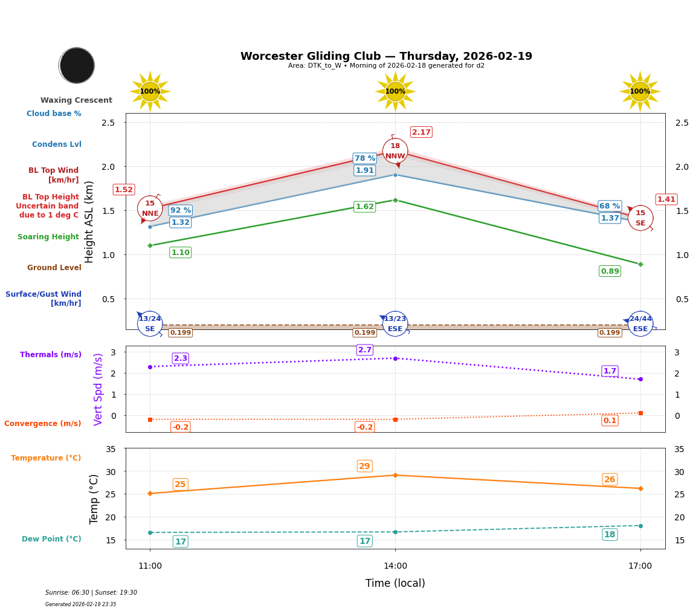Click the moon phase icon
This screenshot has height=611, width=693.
point(77,65)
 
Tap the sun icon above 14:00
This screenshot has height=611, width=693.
point(395,91)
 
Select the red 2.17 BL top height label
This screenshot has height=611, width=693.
point(421,132)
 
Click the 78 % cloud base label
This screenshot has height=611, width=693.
point(364,158)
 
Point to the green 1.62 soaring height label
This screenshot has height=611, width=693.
point(364,207)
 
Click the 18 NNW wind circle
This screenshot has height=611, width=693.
point(395,151)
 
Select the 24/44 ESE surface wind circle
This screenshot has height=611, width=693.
point(640,324)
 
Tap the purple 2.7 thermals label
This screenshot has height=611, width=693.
point(365,350)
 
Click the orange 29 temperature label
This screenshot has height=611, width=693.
point(364,466)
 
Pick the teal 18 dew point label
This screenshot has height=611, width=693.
point(610,534)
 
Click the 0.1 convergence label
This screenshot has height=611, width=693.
point(610,421)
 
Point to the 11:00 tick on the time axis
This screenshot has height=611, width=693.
point(150,566)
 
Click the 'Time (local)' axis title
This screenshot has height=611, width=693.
point(395,583)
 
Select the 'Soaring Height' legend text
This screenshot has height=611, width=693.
point(48,237)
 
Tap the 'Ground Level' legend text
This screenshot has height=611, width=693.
point(54,268)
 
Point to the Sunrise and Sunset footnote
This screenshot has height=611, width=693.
point(91,593)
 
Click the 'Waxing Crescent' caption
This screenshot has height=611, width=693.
point(76,100)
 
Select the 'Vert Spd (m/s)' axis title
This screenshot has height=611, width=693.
point(98,389)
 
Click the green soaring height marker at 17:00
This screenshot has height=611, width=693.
point(640,264)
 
